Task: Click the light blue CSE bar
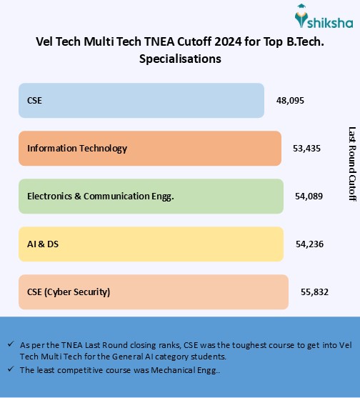pos(141,100)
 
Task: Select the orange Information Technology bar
pos(149,148)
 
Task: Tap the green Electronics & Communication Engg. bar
pos(151,196)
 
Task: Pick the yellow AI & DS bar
pos(151,244)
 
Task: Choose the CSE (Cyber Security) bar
pos(153,292)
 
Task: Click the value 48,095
pos(290,101)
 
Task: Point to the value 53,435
pos(306,149)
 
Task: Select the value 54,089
pos(309,196)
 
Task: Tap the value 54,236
pos(309,244)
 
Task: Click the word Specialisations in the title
pos(180,59)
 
